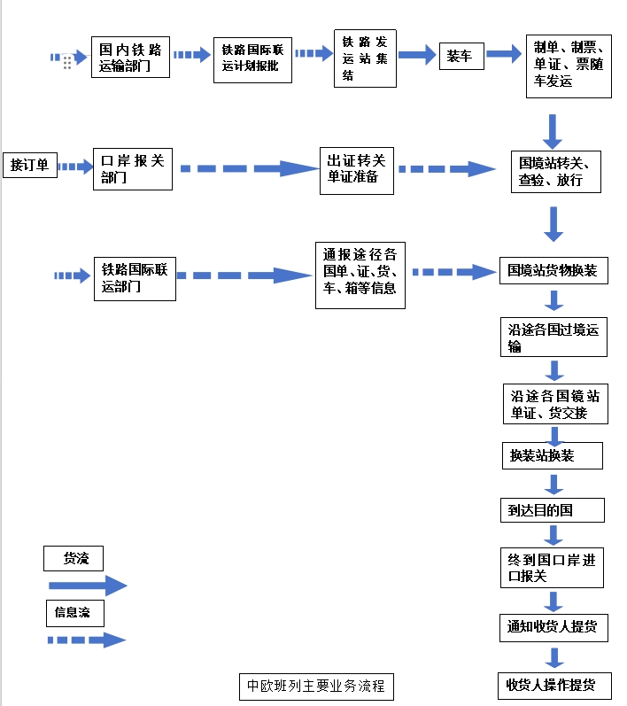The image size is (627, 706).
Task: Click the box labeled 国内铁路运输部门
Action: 130,57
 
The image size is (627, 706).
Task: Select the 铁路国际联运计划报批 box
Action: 252,58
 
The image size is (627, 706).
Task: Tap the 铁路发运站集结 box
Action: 365,58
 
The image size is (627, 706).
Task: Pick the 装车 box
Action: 461,57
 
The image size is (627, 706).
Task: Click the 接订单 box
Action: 29,165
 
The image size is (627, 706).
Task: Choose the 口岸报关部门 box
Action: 133,168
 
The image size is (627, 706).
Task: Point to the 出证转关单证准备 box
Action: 357,168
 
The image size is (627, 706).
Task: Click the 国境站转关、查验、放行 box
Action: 560,172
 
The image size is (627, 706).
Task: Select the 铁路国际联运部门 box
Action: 134,277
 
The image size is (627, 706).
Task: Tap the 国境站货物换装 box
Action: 553,270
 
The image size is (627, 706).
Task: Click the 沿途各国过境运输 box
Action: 553,337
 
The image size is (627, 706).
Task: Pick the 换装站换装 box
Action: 552,455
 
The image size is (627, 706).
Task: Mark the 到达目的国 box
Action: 552,510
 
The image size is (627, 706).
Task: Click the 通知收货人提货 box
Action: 553,628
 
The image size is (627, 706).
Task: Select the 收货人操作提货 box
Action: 552,685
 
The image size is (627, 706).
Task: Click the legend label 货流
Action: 74,558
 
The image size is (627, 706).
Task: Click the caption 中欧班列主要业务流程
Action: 315,686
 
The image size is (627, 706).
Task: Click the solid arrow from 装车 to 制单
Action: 503,55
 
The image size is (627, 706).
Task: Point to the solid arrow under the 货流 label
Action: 88,586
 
